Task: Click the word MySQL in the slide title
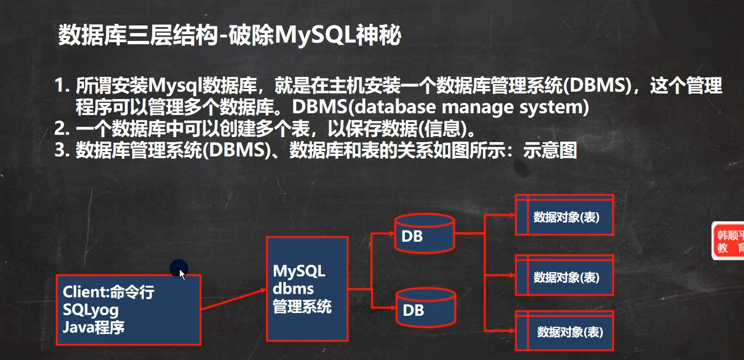pos(312,35)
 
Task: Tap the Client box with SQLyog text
pos(128,310)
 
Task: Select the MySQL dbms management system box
pos(307,289)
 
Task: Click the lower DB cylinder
pos(425,309)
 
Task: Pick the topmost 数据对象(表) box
pos(565,216)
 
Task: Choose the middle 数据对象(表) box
pos(565,276)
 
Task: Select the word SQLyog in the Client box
pos(91,310)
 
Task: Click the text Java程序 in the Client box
pos(94,327)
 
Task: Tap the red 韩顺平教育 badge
pos(729,241)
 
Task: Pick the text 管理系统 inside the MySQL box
pos(302,306)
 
